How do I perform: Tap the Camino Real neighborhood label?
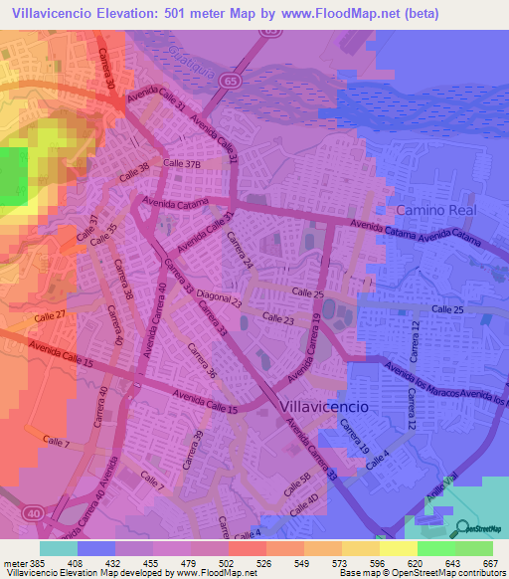(436, 210)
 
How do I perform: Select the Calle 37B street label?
(183, 163)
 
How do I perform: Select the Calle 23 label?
(279, 316)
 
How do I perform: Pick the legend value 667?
(488, 564)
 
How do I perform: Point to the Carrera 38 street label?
(122, 281)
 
